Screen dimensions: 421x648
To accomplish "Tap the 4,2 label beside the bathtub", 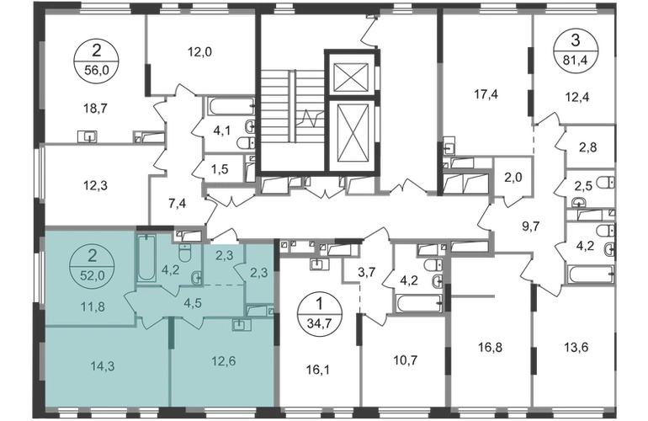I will coord(168,271).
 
